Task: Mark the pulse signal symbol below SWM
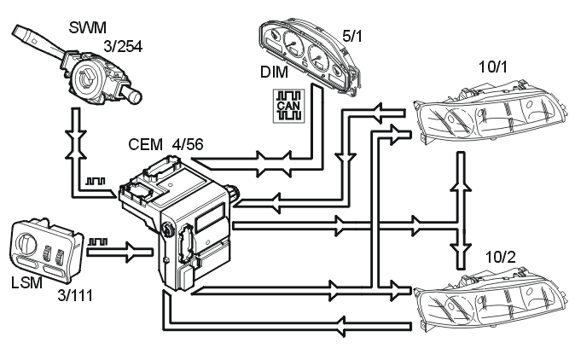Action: (x=96, y=183)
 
